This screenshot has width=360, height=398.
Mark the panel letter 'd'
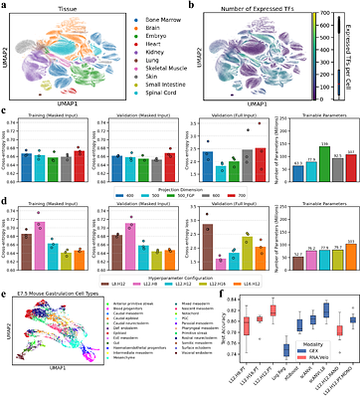click(7, 203)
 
